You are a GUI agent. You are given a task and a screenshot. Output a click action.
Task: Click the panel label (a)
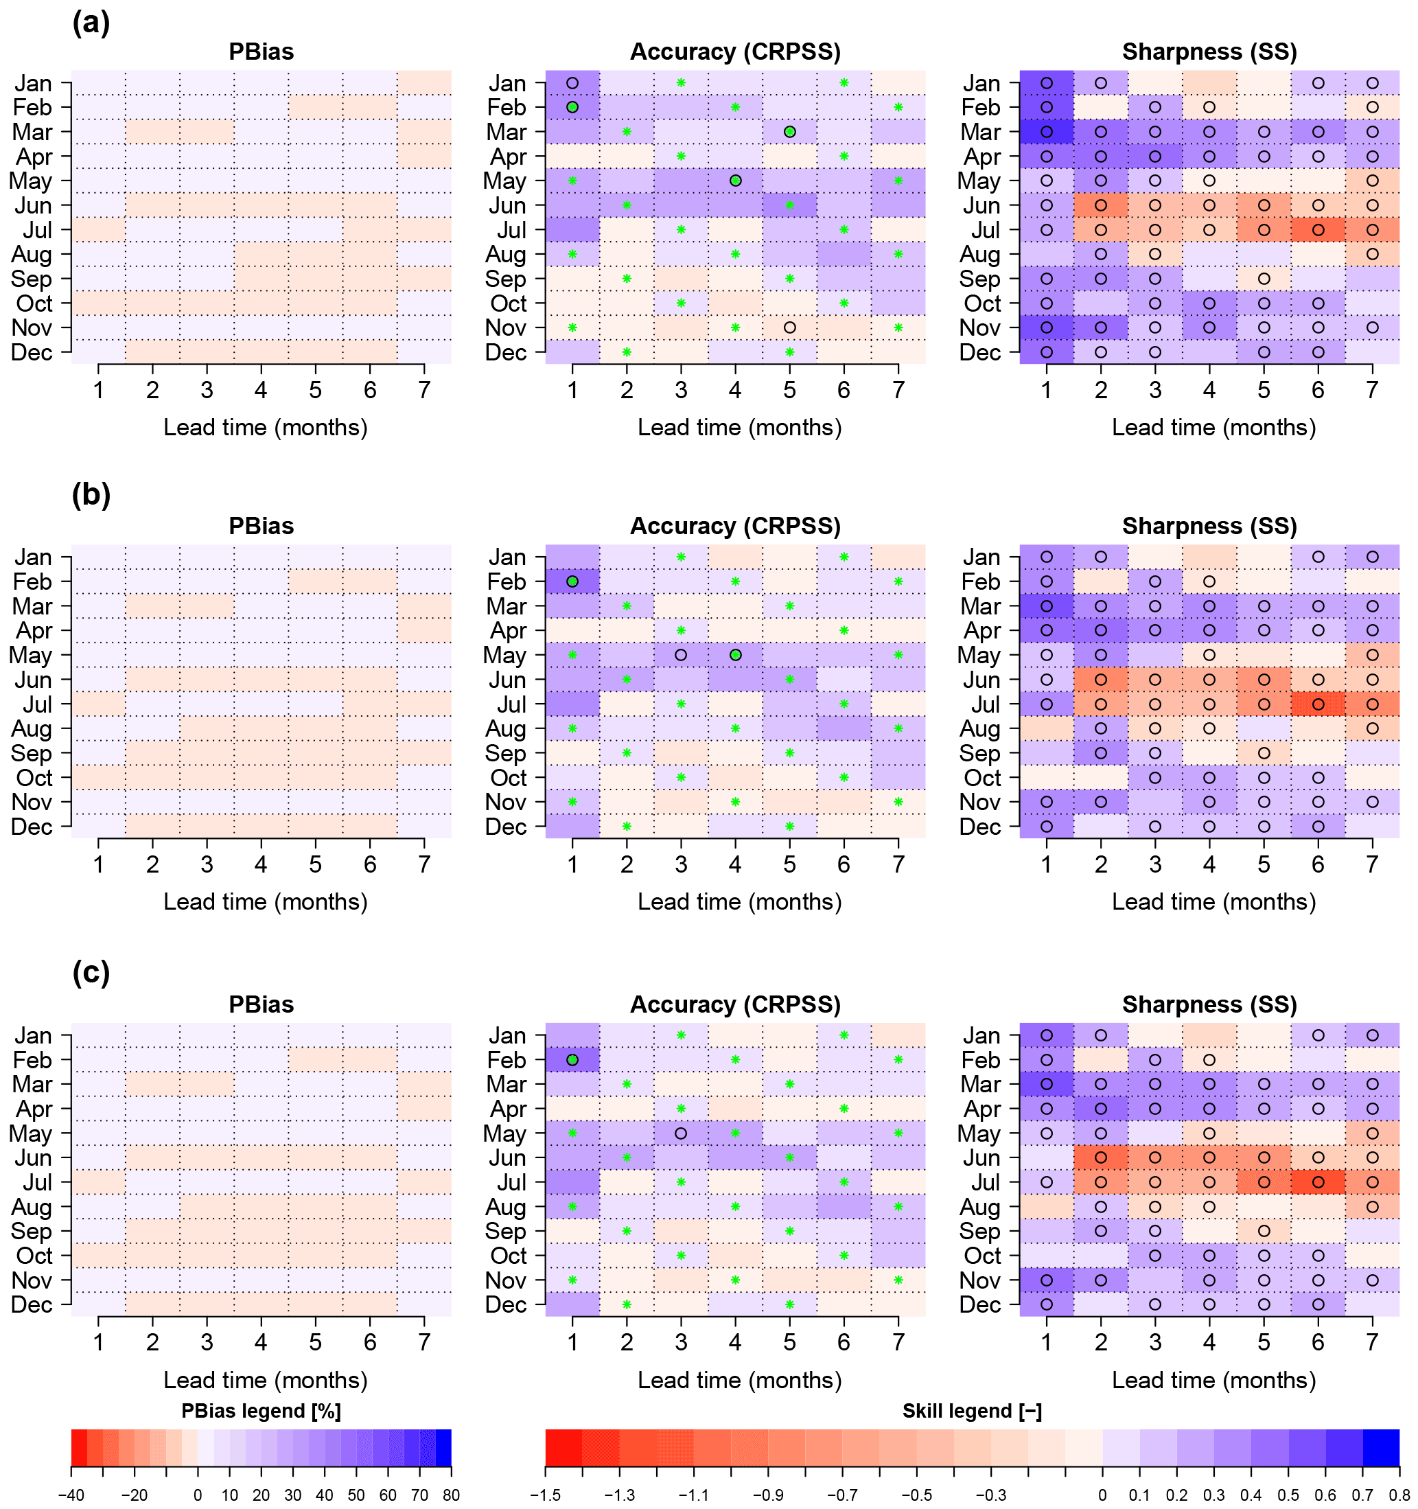tap(91, 23)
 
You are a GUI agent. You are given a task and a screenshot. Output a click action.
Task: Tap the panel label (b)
tap(91, 495)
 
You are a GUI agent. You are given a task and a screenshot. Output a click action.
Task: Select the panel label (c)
tap(91, 972)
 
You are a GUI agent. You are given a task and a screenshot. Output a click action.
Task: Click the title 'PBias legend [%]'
tap(261, 1410)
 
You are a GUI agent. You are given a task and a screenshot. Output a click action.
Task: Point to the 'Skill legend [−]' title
tap(971, 1410)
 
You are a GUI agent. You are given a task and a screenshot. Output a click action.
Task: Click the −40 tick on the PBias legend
tap(71, 1494)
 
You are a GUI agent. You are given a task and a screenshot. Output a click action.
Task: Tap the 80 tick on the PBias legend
tap(451, 1494)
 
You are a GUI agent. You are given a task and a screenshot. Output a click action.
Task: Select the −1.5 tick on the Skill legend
tap(546, 1494)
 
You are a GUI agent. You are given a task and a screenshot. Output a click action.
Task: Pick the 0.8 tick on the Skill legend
tap(1398, 1494)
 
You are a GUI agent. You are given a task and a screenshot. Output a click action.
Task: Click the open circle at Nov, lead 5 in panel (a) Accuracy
tap(789, 327)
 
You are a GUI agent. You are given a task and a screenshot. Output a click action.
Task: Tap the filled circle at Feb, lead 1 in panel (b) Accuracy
tap(572, 581)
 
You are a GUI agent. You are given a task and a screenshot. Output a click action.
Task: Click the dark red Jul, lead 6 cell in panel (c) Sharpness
tap(1318, 1182)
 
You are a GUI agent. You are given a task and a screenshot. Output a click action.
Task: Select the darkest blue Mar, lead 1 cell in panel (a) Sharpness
tap(1046, 132)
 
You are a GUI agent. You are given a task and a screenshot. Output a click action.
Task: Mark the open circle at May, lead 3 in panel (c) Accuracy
tap(681, 1133)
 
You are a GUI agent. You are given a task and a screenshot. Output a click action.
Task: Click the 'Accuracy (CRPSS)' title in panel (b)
tap(734, 526)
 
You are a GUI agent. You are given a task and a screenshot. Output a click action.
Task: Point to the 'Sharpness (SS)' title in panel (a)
tap(1209, 51)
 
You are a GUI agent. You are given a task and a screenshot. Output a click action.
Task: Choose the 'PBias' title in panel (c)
tap(261, 1004)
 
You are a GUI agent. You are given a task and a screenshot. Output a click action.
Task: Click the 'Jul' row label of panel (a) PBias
tap(37, 230)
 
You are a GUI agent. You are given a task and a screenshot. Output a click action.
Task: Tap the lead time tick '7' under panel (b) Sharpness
tap(1372, 863)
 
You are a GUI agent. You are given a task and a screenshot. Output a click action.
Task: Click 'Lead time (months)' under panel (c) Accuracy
tap(739, 1379)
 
